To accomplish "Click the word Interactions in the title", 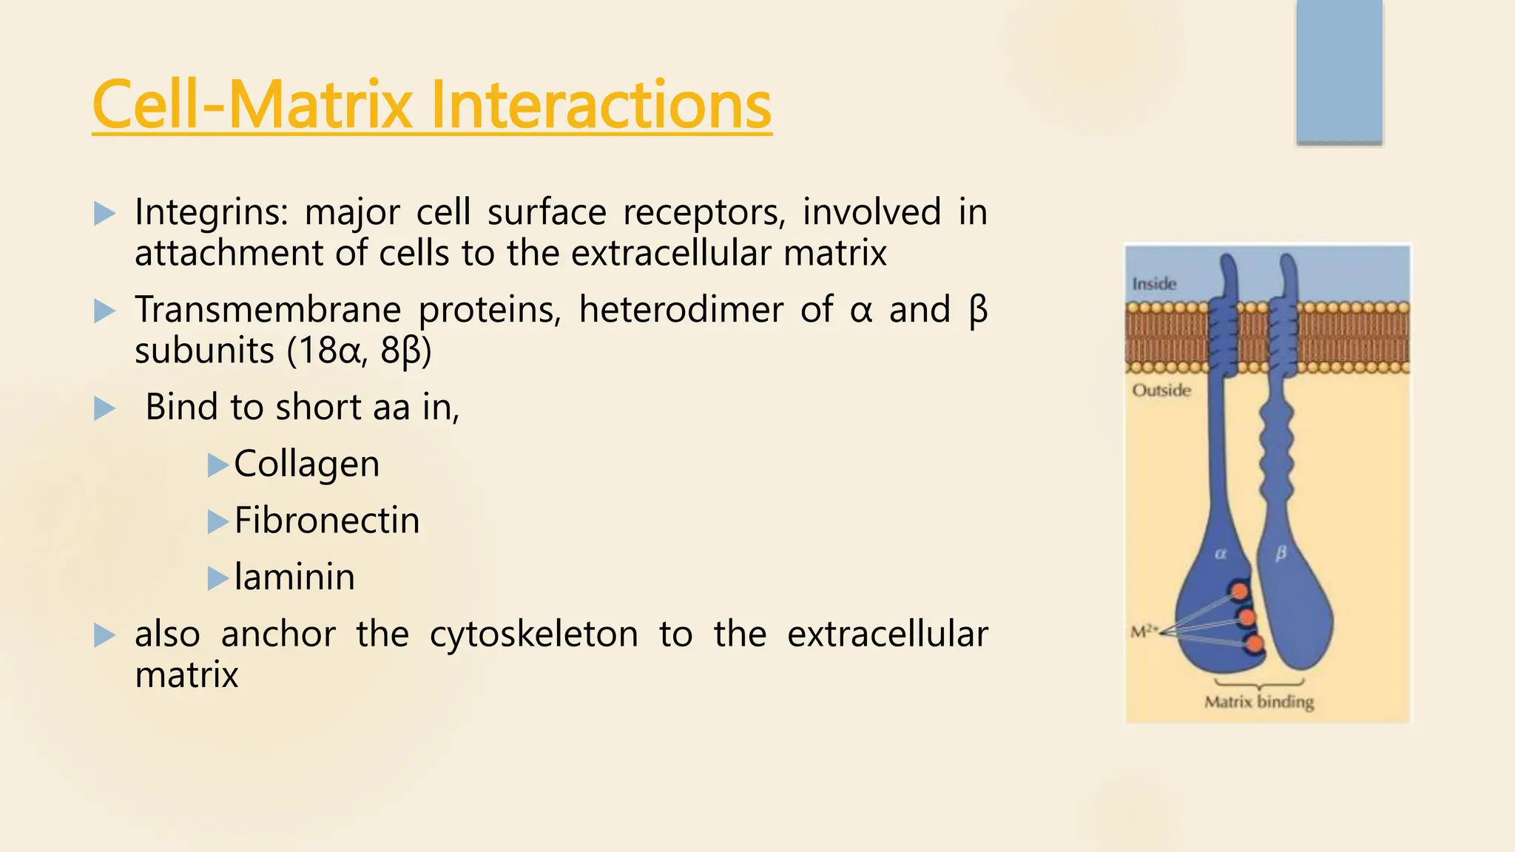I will coord(601,105).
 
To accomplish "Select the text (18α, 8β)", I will coord(358,351).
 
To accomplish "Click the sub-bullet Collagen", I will coord(306,464).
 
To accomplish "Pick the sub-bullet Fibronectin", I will coord(326,521).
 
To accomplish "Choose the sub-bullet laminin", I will coord(294,577).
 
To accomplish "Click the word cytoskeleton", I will coord(533,635).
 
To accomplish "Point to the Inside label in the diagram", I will coord(1154,284).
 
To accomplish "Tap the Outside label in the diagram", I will coord(1161,390).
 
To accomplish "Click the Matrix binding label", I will coord(1259,702).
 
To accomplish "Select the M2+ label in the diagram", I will coord(1143,632).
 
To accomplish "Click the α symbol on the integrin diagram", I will coord(1221,553).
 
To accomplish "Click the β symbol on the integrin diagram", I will coord(1281,553).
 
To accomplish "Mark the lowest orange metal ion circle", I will coord(1255,645).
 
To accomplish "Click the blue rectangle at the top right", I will coord(1339,72).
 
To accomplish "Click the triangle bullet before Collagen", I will coord(217,465).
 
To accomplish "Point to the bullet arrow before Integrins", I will coord(105,214).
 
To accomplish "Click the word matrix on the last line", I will coord(186,675).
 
